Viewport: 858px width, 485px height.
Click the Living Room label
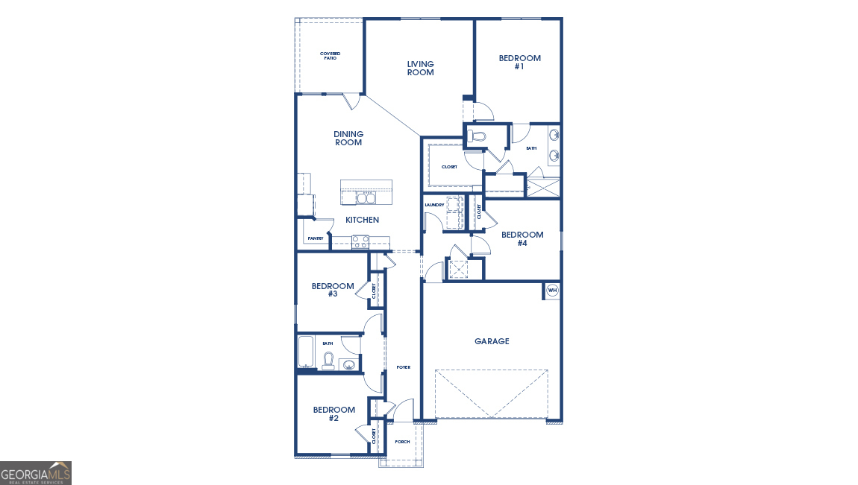[x=420, y=69]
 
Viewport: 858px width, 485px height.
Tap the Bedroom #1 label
[x=519, y=62]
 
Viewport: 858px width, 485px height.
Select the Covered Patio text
[x=329, y=56]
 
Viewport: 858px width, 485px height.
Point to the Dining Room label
[x=348, y=139]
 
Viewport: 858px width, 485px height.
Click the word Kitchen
[x=362, y=220]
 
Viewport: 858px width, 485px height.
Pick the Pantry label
[x=315, y=238]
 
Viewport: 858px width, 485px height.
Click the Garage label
[x=492, y=341]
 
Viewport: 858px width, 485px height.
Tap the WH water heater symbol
[x=552, y=291]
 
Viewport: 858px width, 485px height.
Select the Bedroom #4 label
[x=522, y=238]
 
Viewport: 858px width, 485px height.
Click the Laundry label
[x=434, y=205]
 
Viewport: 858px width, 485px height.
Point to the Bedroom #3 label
[x=333, y=290]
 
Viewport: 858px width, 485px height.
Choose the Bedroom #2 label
[x=334, y=413]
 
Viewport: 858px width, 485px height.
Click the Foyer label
[x=403, y=367]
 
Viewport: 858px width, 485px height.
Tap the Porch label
[x=402, y=442]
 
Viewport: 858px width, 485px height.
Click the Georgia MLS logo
[x=36, y=473]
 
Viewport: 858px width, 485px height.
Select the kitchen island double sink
[x=366, y=197]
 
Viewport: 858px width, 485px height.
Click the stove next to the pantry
[x=360, y=241]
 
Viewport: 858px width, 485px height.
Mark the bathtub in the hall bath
[x=306, y=352]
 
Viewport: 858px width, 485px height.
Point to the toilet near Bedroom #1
[x=477, y=136]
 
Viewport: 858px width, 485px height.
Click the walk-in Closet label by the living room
[x=449, y=167]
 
